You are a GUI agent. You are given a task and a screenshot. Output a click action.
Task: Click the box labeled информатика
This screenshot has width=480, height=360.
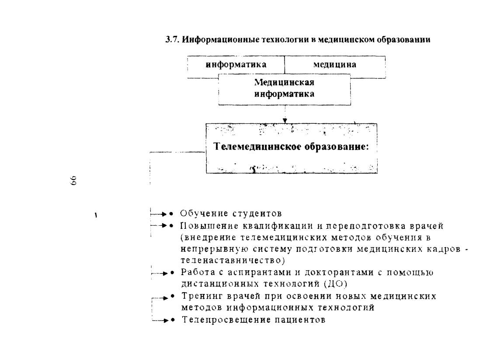click(236, 65)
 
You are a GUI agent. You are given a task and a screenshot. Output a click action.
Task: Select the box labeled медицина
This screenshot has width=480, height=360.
click(335, 65)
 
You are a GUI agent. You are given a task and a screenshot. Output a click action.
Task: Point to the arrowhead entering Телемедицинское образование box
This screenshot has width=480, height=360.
click(285, 121)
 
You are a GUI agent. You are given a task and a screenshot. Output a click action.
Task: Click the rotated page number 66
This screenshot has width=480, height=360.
click(73, 181)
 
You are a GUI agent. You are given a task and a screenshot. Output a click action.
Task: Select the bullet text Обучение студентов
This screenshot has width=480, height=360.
click(231, 213)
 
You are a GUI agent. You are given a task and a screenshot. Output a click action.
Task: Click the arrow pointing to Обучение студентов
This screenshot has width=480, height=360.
click(159, 214)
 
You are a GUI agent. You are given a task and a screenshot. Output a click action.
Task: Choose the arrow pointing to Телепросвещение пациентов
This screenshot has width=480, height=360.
click(160, 321)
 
